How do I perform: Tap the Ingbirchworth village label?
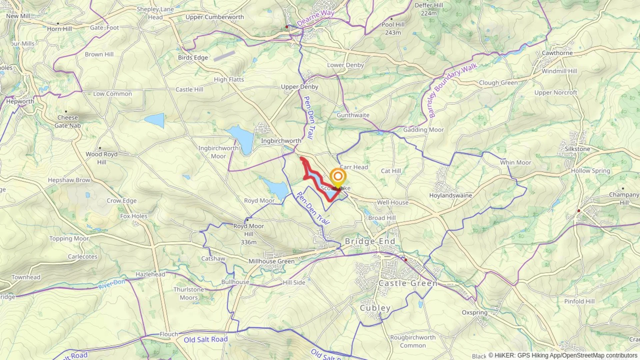pyautogui.click(x=281, y=141)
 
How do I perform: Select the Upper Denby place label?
pyautogui.click(x=299, y=87)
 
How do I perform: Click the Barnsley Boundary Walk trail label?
pyautogui.click(x=452, y=90)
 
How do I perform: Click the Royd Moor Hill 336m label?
pyautogui.click(x=249, y=234)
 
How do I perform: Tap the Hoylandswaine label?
pyautogui.click(x=450, y=195)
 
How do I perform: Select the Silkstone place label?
pyautogui.click(x=577, y=149)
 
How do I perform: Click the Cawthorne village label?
pyautogui.click(x=557, y=53)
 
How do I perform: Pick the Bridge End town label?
pyautogui.click(x=370, y=241)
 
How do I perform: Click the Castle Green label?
pyautogui.click(x=408, y=283)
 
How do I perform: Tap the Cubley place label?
pyautogui.click(x=375, y=308)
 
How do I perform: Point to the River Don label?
pyautogui.click(x=112, y=284)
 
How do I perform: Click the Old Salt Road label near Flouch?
pyautogui.click(x=206, y=340)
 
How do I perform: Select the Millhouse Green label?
pyautogui.click(x=271, y=261)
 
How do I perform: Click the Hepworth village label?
pyautogui.click(x=20, y=101)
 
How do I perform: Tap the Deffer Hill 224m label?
pyautogui.click(x=429, y=9)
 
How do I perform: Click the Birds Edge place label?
pyautogui.click(x=193, y=57)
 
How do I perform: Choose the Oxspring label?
pyautogui.click(x=474, y=312)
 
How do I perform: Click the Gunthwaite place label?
pyautogui.click(x=353, y=115)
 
